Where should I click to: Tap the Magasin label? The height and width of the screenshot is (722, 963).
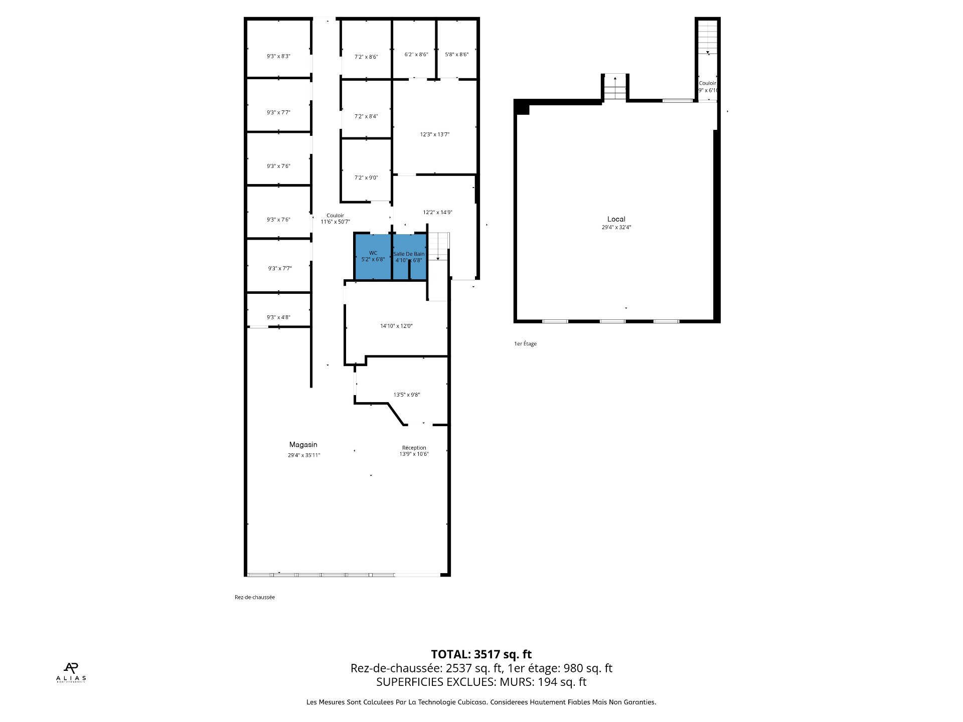coord(303,445)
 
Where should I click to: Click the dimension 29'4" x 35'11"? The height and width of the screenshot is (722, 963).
coord(303,455)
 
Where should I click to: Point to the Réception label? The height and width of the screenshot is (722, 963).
coord(414,448)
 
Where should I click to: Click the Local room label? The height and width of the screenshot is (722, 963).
coord(616,219)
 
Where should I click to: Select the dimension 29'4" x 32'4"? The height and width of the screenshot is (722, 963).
coord(616,228)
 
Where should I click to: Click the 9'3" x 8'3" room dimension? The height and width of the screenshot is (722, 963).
coord(278,56)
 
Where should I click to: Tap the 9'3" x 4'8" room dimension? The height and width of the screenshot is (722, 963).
coord(278,317)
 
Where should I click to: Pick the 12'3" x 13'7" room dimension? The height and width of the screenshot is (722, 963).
coord(434,134)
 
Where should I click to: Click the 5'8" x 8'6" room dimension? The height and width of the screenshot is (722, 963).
coord(456,55)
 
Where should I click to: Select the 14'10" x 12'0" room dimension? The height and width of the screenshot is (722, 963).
coord(396,326)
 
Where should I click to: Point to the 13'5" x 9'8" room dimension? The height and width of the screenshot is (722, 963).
coord(406,395)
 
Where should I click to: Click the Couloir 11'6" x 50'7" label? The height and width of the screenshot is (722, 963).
coord(335,219)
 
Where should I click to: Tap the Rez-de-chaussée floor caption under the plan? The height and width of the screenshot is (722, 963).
coord(254,597)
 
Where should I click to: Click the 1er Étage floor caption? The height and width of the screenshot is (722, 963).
coord(525,344)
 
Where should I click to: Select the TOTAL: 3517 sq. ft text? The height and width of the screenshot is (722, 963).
coord(481,654)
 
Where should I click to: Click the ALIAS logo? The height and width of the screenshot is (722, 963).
coord(71,672)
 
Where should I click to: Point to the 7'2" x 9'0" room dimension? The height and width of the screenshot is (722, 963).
coord(366,177)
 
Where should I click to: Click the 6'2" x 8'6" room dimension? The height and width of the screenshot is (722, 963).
coord(416,55)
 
